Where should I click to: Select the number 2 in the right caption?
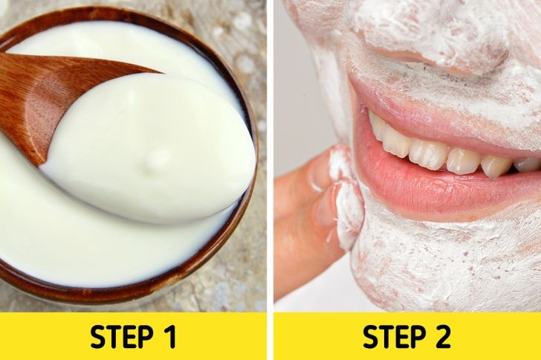coord(442,337)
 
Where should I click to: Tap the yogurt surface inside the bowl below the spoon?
coord(103,248)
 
